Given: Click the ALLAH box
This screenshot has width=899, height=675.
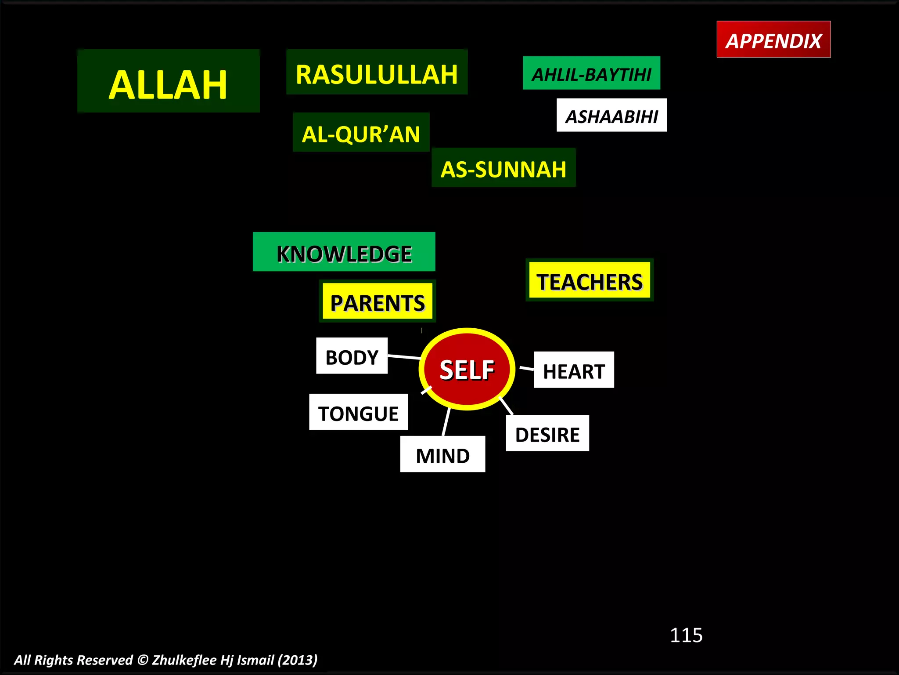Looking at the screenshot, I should (168, 81).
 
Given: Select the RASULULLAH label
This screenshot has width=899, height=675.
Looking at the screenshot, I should (377, 73).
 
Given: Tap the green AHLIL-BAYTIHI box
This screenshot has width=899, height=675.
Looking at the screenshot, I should (591, 73).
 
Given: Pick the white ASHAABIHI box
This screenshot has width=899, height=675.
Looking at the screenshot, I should (611, 115).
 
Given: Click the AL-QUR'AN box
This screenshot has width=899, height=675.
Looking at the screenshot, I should (361, 132).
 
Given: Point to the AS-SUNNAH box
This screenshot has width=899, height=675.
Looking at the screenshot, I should (503, 167).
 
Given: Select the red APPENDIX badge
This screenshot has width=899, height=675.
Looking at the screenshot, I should (773, 40).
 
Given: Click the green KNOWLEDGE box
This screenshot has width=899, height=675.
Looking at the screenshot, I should (344, 252).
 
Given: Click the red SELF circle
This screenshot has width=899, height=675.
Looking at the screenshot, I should (467, 369).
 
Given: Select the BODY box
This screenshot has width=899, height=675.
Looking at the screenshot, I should (352, 356).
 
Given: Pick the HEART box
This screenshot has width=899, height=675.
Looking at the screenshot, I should (574, 370).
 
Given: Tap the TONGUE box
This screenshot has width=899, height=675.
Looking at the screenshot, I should (358, 412).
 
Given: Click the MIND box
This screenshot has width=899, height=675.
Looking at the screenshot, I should (442, 454).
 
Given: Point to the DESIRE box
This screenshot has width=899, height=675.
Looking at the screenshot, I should (547, 433).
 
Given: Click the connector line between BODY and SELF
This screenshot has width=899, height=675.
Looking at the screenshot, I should (404, 356).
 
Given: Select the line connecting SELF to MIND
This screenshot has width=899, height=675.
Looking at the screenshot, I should (446, 422).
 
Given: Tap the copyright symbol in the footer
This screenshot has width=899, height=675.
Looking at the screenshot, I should (143, 660).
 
